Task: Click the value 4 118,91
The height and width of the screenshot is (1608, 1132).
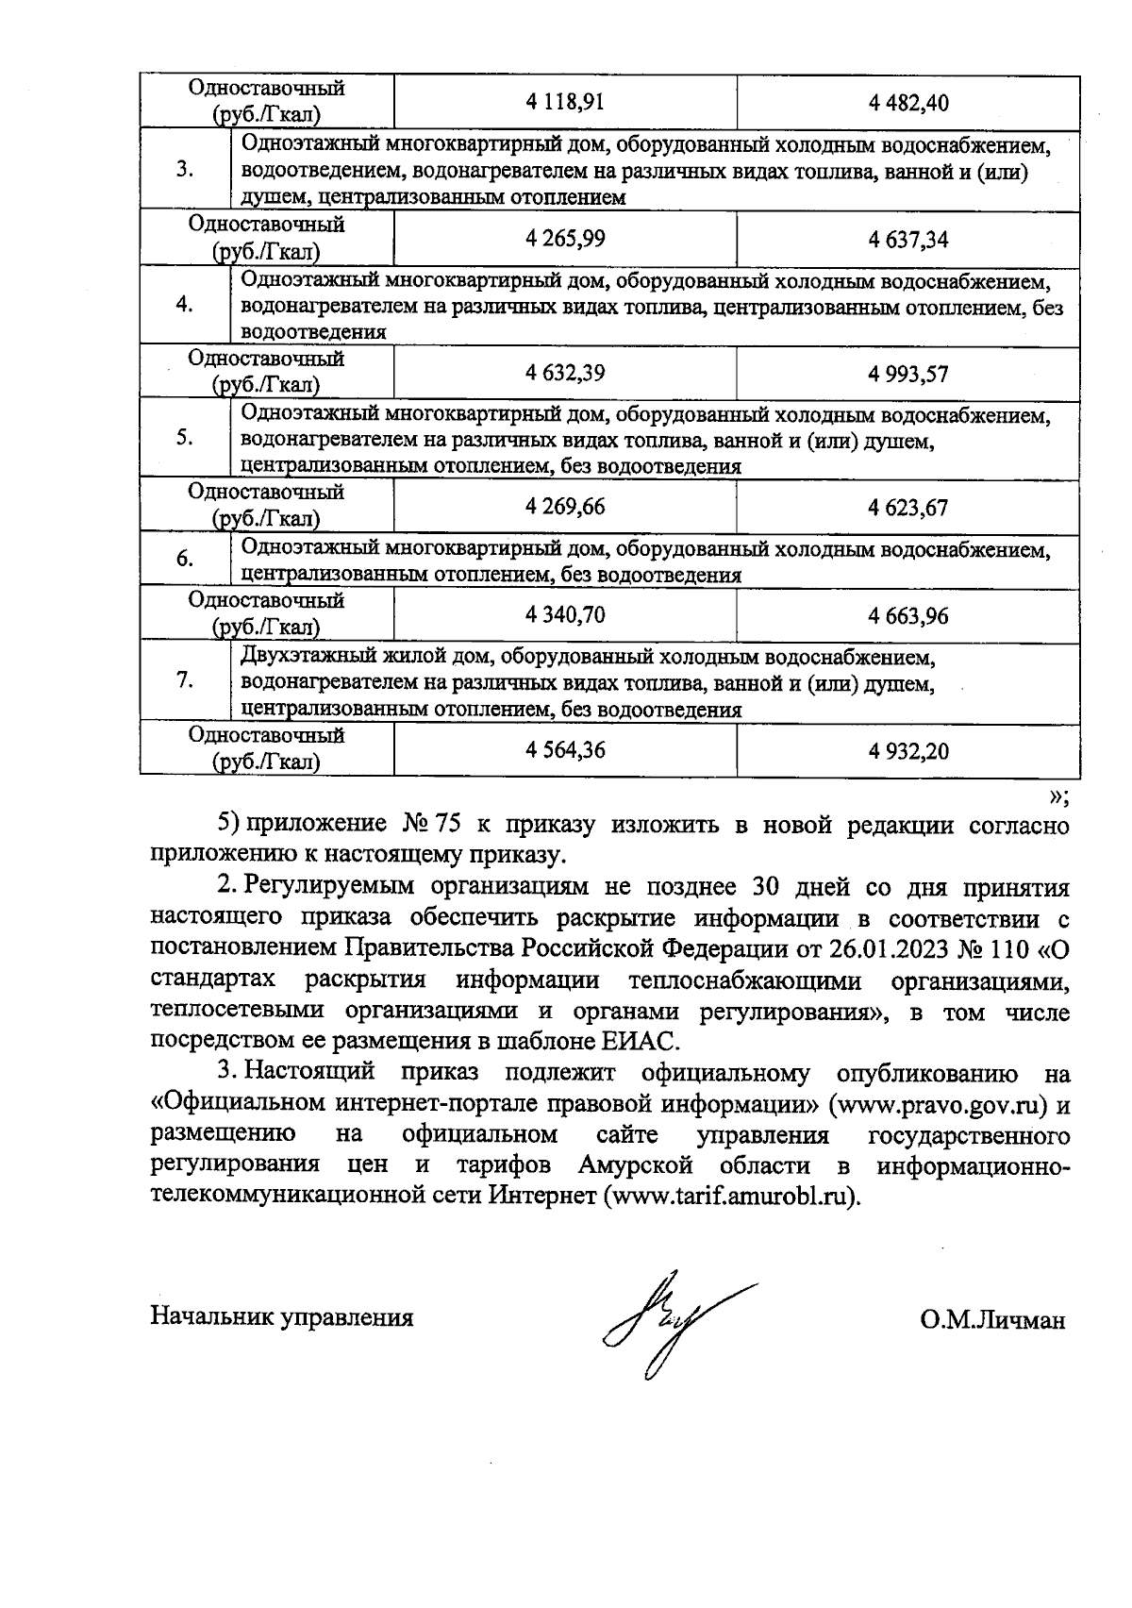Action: [x=565, y=102]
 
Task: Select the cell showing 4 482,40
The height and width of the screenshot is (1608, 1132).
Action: [x=908, y=103]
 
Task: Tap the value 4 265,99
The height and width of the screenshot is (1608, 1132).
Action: [x=565, y=238]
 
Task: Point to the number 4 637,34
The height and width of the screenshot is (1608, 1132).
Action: [x=908, y=239]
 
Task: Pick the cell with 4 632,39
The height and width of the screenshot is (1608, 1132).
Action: [x=565, y=373]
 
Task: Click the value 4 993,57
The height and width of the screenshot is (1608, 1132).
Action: [x=908, y=374]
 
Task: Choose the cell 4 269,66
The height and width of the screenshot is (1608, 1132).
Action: [x=565, y=507]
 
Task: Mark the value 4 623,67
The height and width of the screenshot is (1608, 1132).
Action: [x=908, y=508]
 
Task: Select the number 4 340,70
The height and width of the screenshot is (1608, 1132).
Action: [x=565, y=615]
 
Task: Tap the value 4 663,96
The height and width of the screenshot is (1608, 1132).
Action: [x=908, y=616]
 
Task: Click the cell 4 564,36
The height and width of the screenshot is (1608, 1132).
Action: [x=565, y=750]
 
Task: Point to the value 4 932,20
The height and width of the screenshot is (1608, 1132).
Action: [x=908, y=751]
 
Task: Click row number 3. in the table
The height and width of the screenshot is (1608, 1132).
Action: [x=185, y=170]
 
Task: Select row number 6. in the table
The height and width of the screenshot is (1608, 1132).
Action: [x=185, y=559]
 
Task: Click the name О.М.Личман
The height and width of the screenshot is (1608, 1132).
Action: [x=992, y=1319]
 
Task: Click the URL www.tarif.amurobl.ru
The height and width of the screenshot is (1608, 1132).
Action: [x=730, y=1195]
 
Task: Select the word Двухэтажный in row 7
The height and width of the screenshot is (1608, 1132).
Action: [x=304, y=656]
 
